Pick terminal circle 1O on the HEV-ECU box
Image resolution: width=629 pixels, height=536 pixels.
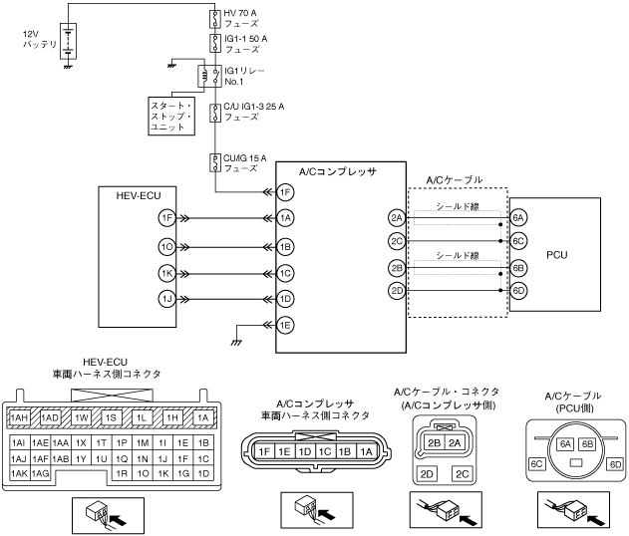coord(167,246)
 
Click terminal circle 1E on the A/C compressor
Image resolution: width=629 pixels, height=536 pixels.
coord(286,324)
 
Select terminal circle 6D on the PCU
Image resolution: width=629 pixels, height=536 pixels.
coord(518,290)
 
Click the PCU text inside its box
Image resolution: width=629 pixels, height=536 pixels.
coord(558,254)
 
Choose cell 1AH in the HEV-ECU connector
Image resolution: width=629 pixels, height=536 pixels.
coord(19,417)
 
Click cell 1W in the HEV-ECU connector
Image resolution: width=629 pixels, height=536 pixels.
coord(83,417)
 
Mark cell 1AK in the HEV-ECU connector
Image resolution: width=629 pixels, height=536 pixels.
coord(19,473)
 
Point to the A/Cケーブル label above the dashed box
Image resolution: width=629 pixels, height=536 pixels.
coord(454,179)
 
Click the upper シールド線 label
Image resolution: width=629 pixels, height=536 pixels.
coord(455,207)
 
